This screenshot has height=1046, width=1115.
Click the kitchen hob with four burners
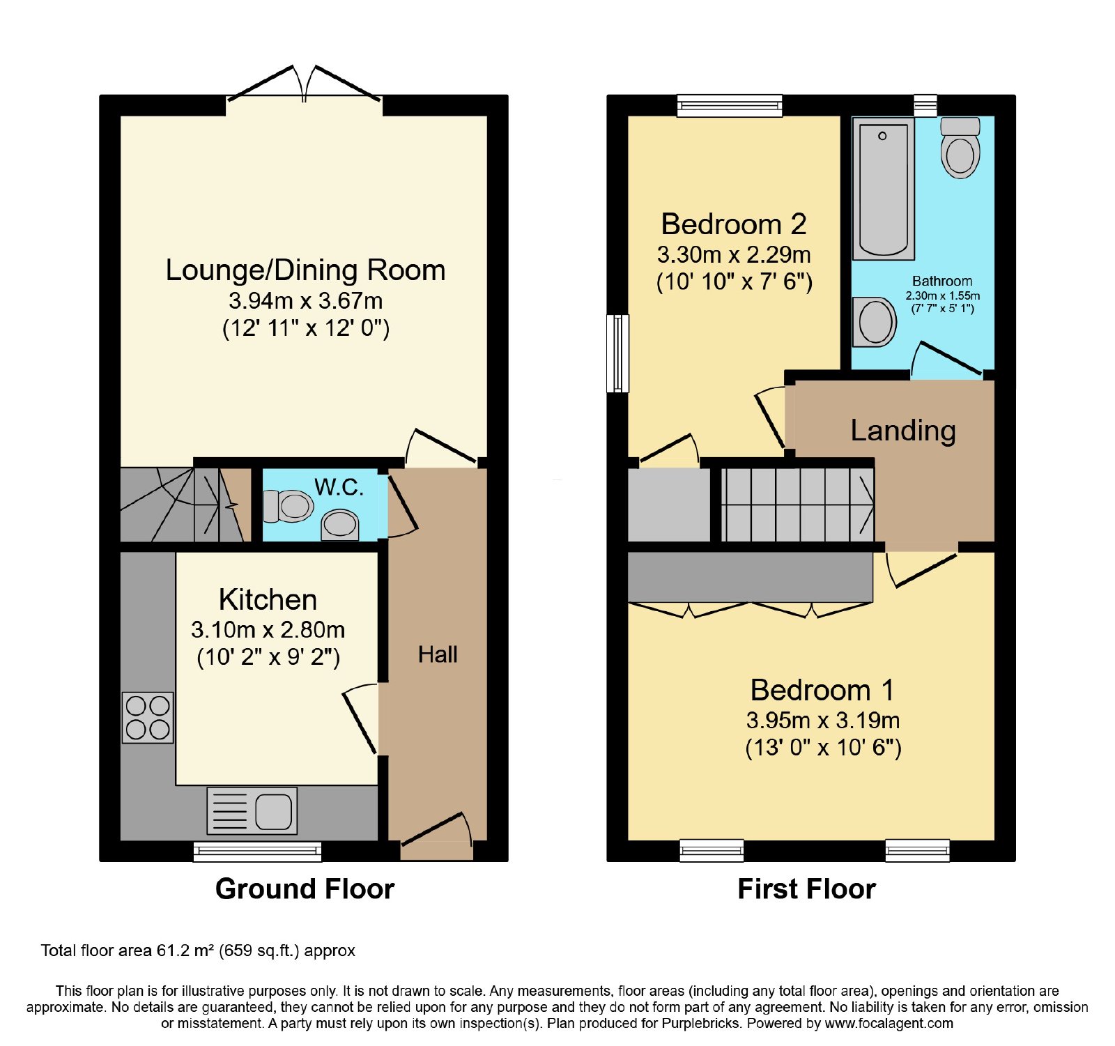(x=148, y=717)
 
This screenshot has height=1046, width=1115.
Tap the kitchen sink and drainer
(x=252, y=810)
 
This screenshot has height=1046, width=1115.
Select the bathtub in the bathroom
(x=883, y=188)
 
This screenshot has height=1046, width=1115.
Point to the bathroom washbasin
(x=875, y=322)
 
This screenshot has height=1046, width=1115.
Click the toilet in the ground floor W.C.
(x=288, y=506)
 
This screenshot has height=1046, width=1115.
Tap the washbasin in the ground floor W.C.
(x=340, y=525)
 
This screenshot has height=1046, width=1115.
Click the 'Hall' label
(x=438, y=654)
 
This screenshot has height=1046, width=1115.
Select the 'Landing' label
(x=903, y=431)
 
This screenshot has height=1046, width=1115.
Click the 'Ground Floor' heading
(x=305, y=889)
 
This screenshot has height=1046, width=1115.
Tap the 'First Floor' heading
(x=807, y=889)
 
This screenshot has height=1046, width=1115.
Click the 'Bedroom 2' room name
(x=734, y=224)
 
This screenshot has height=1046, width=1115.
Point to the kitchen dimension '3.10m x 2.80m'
(x=268, y=630)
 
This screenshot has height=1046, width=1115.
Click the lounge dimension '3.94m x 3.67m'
(x=306, y=301)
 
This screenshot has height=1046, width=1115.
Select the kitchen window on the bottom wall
(x=257, y=852)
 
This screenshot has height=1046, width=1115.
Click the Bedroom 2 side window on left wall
(x=617, y=353)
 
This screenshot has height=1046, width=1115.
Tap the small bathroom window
(x=925, y=106)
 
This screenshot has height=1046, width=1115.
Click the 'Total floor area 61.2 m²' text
(x=128, y=951)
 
